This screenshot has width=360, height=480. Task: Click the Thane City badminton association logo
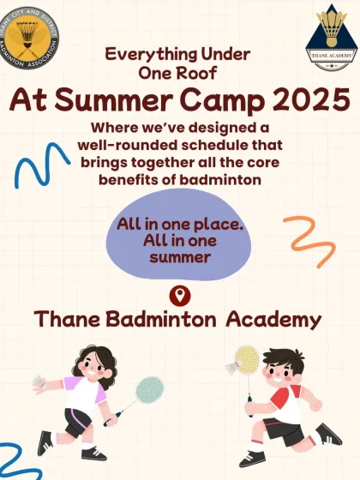30,40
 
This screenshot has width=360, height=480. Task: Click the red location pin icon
180,297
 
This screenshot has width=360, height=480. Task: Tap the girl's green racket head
149,390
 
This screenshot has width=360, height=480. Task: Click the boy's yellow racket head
247,357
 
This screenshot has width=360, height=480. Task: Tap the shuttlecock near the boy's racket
231,367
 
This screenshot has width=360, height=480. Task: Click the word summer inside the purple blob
180,255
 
